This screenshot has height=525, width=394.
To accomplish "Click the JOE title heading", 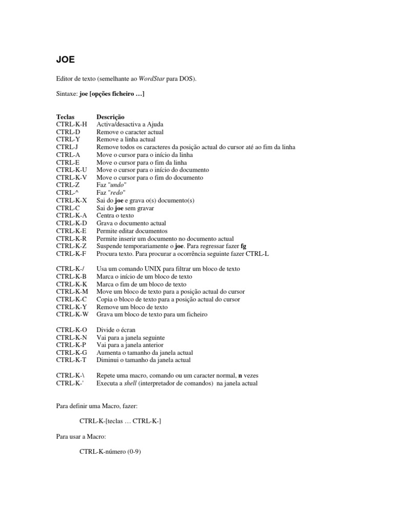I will coord(65,59).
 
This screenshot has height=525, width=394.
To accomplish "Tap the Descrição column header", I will coord(110,117).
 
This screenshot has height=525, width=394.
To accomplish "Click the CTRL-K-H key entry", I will coord(72,124).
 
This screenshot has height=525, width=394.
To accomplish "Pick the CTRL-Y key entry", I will coord(68,139).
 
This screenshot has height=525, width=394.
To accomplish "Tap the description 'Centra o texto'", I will coord(116,216).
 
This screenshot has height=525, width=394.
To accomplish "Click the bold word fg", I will coord(243,246).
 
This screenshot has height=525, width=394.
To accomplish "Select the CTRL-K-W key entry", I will coord(72,314).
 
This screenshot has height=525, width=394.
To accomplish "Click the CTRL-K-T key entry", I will coord(72,360).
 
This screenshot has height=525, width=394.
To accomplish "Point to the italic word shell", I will coord(131,383).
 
